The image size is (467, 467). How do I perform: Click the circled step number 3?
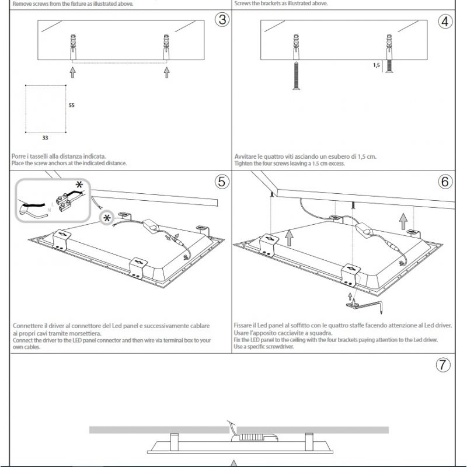(222, 20)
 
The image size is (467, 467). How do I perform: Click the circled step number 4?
(445, 22)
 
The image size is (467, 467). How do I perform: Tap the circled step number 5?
(222, 182)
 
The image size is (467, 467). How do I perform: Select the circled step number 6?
(445, 182)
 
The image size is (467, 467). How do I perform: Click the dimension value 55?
(72, 106)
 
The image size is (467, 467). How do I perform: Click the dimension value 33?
(45, 138)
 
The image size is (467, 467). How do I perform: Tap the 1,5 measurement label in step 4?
(376, 66)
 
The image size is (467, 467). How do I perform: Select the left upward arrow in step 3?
(73, 72)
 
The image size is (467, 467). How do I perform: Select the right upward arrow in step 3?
(167, 72)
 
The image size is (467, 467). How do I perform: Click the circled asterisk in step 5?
(107, 218)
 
